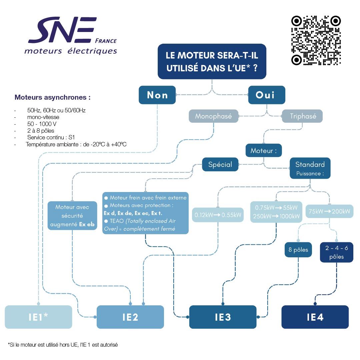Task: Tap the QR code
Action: point(316,40)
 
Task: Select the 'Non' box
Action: point(157,95)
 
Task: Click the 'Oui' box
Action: point(267,95)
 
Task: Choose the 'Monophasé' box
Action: point(213,116)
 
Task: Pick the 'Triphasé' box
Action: point(302,116)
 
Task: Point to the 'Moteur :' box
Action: point(264,151)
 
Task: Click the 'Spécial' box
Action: point(220,164)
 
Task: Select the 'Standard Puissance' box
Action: point(310,168)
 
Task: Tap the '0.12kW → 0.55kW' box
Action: point(218,215)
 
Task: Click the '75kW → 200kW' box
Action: point(329,211)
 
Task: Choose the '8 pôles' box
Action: point(298,250)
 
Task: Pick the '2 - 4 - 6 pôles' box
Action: point(336,252)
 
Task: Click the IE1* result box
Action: point(38,317)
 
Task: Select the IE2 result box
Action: point(130,317)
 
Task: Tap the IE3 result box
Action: point(223,317)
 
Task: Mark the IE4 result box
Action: point(315,317)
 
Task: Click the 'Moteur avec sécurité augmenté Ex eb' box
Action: point(72,216)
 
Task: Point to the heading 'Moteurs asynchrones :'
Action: point(53,98)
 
